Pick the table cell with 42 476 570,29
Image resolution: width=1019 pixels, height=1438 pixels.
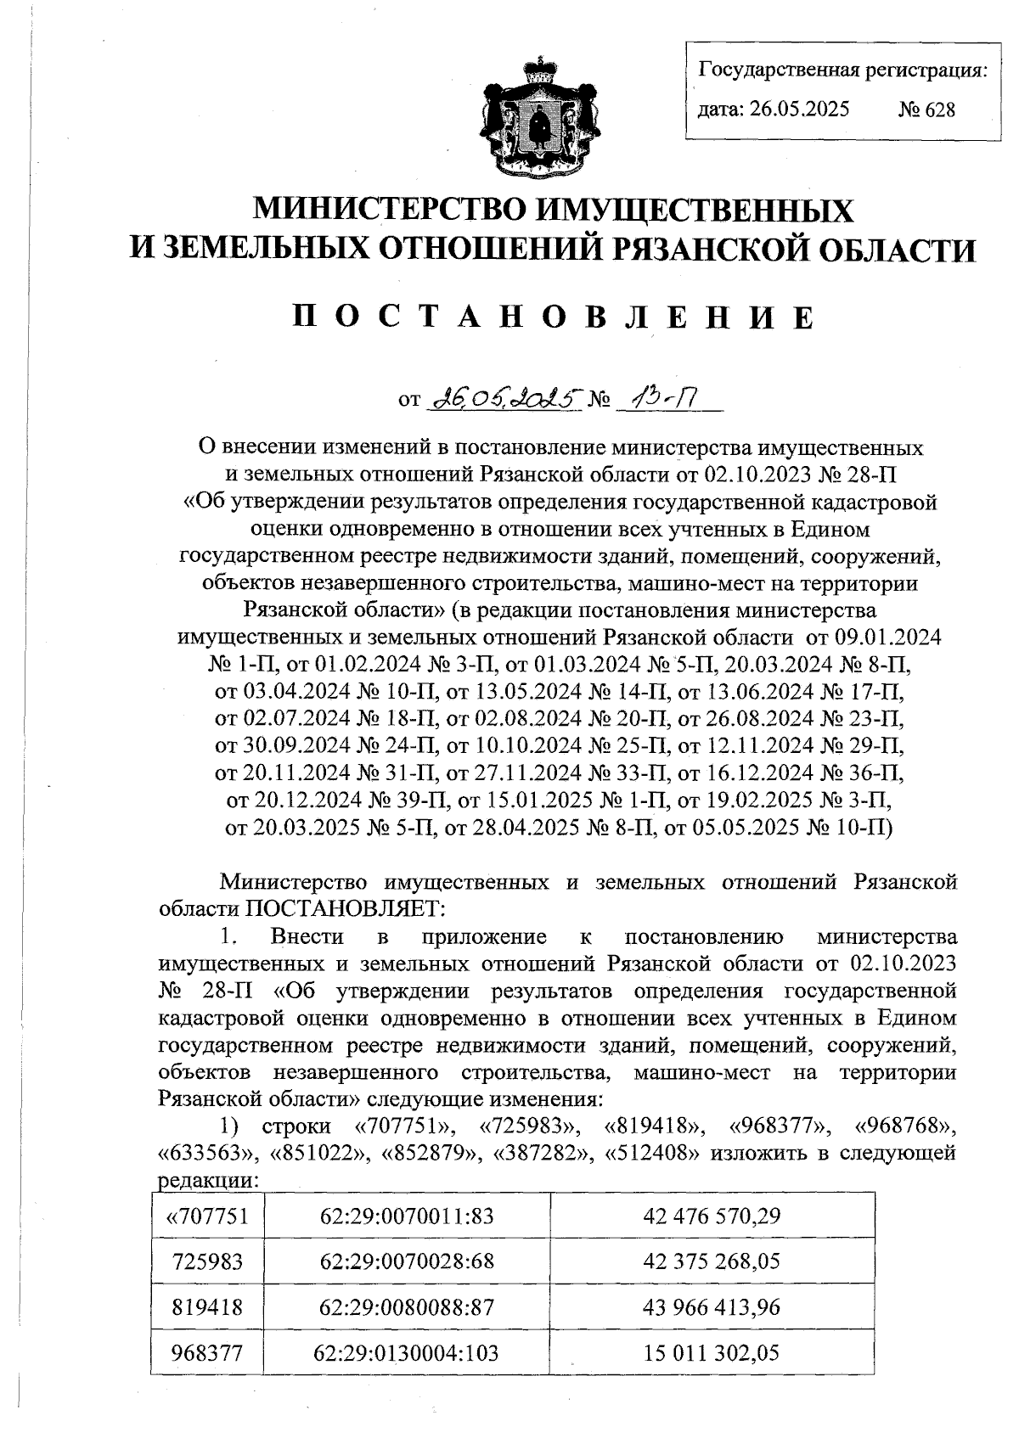point(712,1216)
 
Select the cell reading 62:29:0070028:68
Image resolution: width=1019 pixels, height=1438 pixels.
point(407,1261)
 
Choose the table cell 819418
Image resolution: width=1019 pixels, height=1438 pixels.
point(207,1306)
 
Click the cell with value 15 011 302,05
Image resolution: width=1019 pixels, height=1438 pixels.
point(712,1352)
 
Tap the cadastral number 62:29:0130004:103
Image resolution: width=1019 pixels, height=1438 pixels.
point(407,1352)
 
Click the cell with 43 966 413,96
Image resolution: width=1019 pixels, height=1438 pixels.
point(712,1306)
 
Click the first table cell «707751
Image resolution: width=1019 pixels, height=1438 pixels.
point(207,1216)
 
